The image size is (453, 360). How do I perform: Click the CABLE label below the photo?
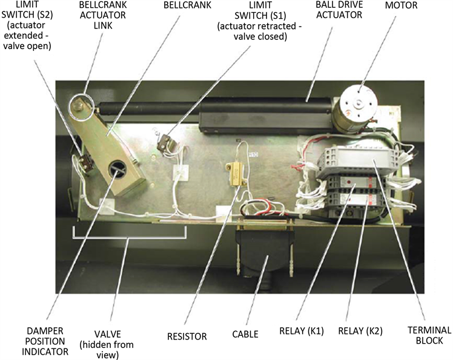tap(245, 334)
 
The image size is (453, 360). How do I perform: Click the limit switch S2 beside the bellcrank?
tap(84, 157)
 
